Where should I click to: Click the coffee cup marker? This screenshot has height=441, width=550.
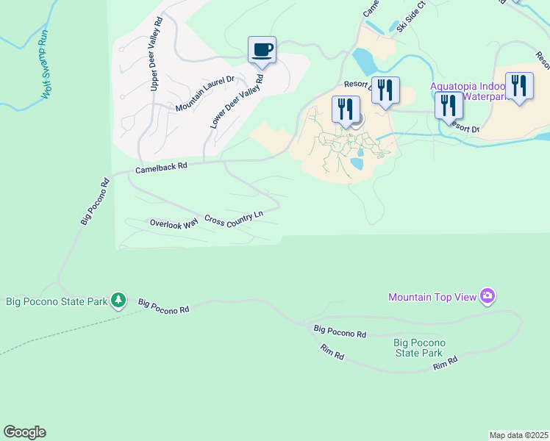click(262, 50)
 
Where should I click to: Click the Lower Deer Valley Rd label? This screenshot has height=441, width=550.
click(237, 101)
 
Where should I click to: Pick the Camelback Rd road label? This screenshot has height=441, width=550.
click(162, 168)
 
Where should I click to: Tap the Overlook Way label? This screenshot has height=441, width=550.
click(174, 223)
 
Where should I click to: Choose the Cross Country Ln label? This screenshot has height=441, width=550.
click(234, 218)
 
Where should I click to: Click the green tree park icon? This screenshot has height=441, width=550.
click(118, 300)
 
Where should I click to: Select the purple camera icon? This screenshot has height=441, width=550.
click(488, 296)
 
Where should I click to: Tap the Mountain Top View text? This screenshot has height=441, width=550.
click(432, 297)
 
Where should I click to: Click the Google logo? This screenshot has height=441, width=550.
click(24, 432)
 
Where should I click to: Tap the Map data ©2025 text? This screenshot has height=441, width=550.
click(518, 435)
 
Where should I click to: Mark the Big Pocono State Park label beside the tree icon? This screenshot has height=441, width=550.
click(56, 301)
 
